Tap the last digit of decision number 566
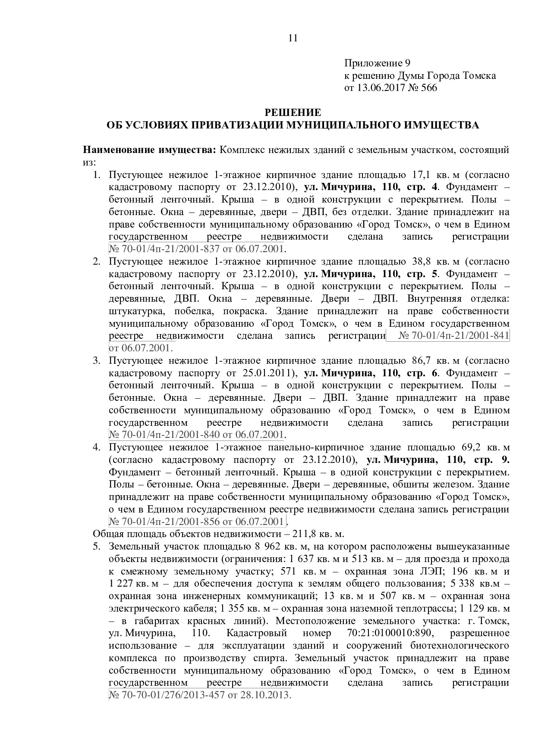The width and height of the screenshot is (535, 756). [434, 88]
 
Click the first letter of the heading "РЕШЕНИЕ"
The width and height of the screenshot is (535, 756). [267, 113]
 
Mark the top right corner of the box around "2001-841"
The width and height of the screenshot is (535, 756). [510, 330]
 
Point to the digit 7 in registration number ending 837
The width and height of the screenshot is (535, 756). [218, 249]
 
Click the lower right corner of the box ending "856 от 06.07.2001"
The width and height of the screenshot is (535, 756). [286, 527]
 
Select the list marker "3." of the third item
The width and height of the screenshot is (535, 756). [97, 360]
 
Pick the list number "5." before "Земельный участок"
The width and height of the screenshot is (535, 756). [97, 547]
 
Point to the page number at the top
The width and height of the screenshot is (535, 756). [293, 38]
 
